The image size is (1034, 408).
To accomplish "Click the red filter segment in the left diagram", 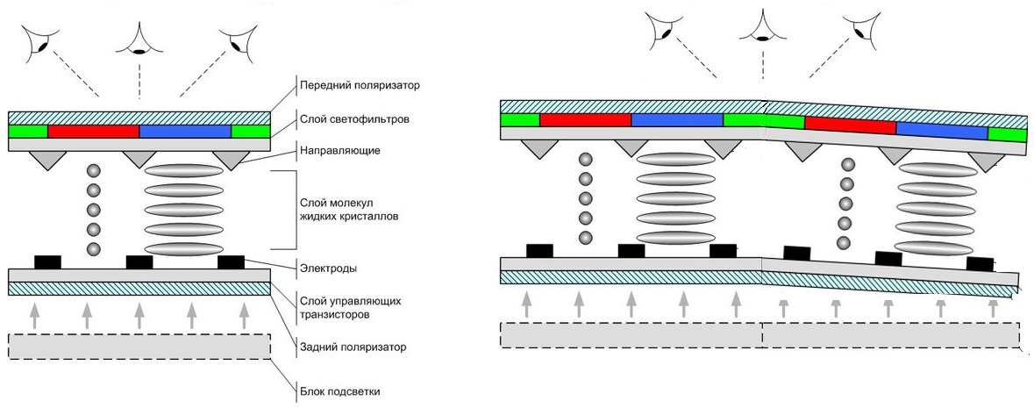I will pyautogui.click(x=93, y=131).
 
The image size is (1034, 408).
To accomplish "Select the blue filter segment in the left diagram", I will pyautogui.click(x=185, y=131).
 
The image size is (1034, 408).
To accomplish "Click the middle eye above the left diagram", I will pyautogui.click(x=139, y=40).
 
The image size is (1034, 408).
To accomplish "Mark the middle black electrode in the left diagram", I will pyautogui.click(x=139, y=261).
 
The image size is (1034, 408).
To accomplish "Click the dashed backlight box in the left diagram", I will pyautogui.click(x=139, y=347).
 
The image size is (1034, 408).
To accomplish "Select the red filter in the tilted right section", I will pyautogui.click(x=850, y=126).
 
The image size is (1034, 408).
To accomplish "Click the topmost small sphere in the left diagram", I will pyautogui.click(x=93, y=171).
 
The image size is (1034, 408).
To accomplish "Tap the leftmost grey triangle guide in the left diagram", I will pyautogui.click(x=46, y=160).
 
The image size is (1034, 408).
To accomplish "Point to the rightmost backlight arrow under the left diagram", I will pyautogui.click(x=244, y=313).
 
